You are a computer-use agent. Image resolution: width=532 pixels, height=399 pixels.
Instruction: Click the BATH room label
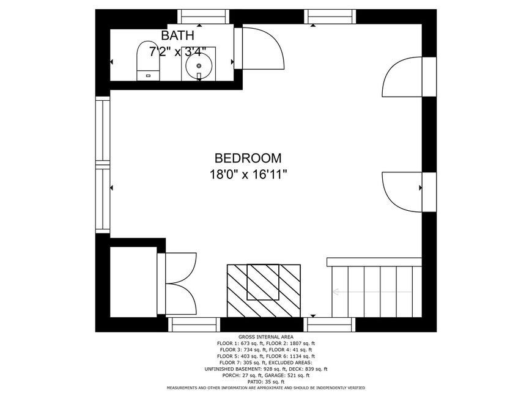coord(177,35)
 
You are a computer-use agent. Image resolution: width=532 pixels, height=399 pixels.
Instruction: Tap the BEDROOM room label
coord(248,158)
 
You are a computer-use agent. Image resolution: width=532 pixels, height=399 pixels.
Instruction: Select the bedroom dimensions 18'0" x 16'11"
coord(248,175)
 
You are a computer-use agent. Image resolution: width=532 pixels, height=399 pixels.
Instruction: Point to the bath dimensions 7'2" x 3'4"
coord(177,52)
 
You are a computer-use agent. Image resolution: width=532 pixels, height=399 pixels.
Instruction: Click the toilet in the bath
coord(148,61)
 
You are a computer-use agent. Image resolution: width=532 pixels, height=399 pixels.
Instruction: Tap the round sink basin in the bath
coord(199,66)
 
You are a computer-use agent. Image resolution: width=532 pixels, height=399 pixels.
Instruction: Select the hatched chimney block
coord(264,291)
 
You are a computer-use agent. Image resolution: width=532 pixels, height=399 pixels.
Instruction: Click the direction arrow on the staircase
coord(372,291)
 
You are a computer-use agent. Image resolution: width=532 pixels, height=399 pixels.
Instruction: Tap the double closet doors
coord(177,284)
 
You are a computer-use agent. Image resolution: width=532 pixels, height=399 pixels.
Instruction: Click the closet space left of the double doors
coord(133,282)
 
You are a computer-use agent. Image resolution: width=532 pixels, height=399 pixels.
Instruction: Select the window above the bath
coord(203,16)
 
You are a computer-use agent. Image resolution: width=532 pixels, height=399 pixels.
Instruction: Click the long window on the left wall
coord(103,165)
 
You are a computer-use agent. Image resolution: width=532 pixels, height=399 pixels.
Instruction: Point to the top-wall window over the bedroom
coord(330,16)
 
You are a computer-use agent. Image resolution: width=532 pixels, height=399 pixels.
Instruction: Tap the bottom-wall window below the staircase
coord(330,324)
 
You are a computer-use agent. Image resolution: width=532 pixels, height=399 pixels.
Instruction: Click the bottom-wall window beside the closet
coord(194,324)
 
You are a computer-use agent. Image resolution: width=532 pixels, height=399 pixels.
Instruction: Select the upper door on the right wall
coord(409,77)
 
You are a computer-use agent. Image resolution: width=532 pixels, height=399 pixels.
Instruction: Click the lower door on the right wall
coord(409,192)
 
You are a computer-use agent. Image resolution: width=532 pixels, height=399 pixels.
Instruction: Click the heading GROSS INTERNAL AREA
coord(266,337)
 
